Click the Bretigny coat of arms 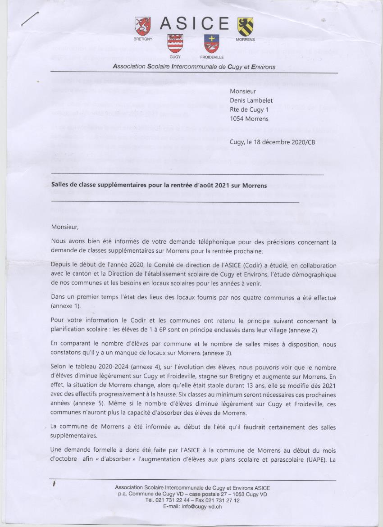click(143, 26)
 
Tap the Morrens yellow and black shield click(245, 26)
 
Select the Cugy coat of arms click(175, 43)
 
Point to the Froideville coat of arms click(212, 44)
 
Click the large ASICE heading click(194, 24)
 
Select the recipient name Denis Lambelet click(251, 100)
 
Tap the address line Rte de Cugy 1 click(249, 109)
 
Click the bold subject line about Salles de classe click(159, 185)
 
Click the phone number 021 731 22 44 click(176, 500)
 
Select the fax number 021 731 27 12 click(222, 500)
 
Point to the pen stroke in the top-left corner click(30, 18)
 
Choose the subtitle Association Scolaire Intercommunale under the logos click(194, 67)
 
